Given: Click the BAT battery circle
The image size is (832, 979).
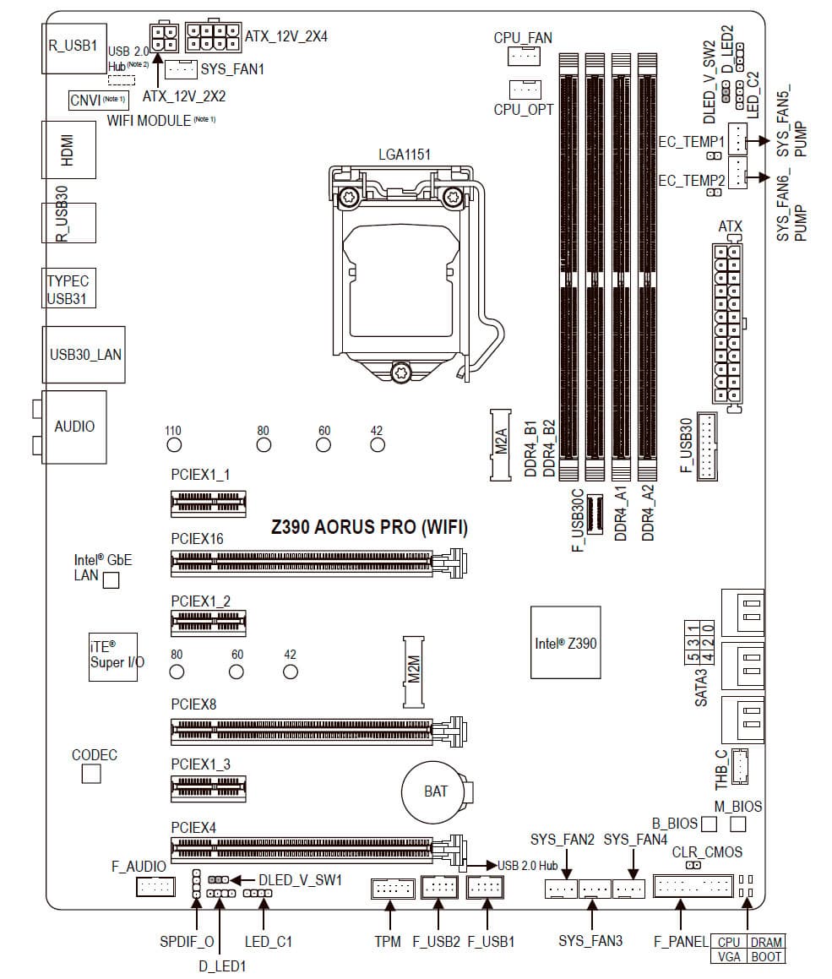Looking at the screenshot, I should pos(436,791).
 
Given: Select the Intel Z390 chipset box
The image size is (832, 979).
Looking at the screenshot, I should pos(565,642).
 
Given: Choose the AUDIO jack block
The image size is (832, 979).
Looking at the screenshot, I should pos(74,426).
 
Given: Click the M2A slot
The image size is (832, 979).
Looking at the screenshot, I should pos(500,444).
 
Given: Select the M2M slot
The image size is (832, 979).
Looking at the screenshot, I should pos(414,671).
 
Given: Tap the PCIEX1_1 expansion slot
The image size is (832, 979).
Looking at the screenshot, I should pos(209,504).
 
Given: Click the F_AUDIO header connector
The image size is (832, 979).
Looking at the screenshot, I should pos(155,887).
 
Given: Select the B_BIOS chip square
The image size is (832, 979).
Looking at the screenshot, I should pos(710,823).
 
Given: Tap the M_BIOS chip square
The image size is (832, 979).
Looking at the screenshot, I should pos(738,823).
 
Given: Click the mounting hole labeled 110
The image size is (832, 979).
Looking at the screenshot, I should pos(173,445).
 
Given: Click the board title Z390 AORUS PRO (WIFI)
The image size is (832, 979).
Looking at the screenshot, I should pos(369,528).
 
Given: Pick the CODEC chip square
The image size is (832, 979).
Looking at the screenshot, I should pos(91,773).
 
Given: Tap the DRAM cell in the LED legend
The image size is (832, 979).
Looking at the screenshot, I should pos(765,942).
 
